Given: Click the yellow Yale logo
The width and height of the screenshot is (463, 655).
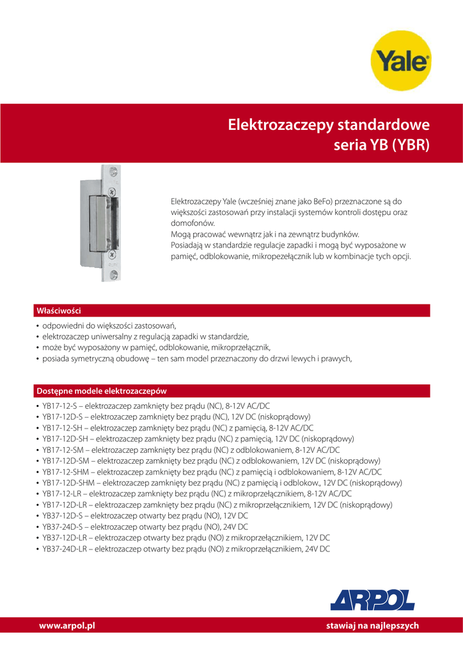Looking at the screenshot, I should tap(401, 62).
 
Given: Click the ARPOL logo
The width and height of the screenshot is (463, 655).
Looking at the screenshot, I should tap(372, 599).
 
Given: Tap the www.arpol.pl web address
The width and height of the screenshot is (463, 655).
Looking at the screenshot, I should tap(67, 626).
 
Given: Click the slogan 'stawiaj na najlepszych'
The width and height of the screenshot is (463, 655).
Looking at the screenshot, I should tap(372, 626).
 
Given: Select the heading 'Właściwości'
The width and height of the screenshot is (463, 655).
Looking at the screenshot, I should tap(58, 310).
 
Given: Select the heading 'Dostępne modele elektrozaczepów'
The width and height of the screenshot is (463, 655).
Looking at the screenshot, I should tap(102, 390).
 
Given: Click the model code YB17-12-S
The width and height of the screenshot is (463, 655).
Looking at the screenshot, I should tap(59, 406).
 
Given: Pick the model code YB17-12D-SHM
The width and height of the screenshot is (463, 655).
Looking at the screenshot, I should tap(68, 482).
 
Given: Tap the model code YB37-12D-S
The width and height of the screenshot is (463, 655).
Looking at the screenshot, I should tap(62, 516).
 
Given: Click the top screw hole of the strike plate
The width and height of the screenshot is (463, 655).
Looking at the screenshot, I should tap(114, 171).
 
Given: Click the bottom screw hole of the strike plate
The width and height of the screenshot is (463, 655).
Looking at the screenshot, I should tap(113, 274).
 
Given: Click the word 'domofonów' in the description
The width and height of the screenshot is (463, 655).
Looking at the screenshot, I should tap(192, 223).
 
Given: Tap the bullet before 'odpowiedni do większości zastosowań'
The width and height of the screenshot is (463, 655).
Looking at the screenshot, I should tap(38, 326).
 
